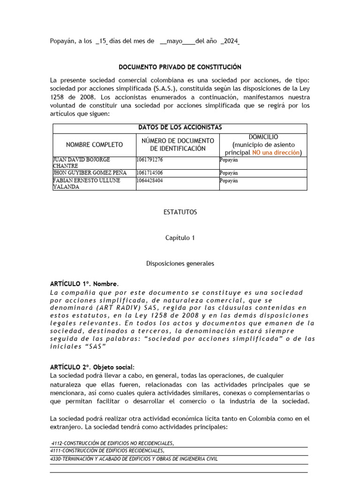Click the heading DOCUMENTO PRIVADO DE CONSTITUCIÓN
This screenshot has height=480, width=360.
(x=180, y=67)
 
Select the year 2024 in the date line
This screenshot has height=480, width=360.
(x=230, y=42)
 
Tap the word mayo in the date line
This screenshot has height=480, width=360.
(x=171, y=42)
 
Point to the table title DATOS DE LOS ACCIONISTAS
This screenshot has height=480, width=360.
(x=180, y=127)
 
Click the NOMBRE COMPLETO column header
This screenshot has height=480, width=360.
(x=94, y=145)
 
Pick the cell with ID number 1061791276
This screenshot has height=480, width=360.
(x=150, y=160)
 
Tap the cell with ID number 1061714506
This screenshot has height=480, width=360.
(x=150, y=173)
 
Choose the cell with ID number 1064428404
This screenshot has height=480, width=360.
(x=150, y=180)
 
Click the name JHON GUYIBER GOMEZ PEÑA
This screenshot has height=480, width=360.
(x=90, y=173)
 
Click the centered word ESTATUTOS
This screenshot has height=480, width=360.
(x=180, y=212)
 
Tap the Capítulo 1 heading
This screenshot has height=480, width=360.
(x=180, y=238)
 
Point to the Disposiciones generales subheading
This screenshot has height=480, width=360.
(x=180, y=263)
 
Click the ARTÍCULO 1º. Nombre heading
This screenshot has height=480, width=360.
(x=84, y=284)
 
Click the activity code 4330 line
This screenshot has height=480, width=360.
(x=134, y=459)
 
